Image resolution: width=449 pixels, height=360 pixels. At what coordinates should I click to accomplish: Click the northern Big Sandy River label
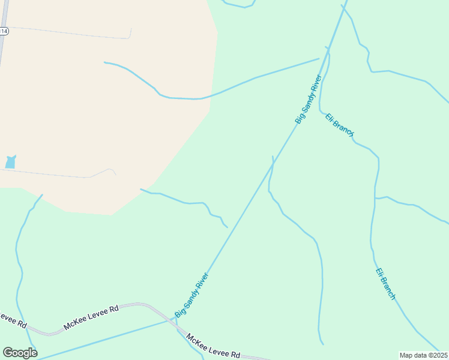click(309, 100)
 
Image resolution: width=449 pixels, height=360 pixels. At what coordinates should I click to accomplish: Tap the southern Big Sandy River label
click(191, 295)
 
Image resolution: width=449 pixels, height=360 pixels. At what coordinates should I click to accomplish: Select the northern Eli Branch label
click(339, 125)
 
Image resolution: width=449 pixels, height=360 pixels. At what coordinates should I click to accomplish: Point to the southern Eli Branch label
click(385, 283)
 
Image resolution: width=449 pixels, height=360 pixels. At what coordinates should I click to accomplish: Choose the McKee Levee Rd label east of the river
click(213, 347)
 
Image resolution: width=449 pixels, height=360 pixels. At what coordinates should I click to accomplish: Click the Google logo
click(20, 353)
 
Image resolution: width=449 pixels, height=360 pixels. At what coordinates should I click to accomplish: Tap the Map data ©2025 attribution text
click(423, 355)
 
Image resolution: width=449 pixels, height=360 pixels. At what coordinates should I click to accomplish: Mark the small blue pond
click(10, 162)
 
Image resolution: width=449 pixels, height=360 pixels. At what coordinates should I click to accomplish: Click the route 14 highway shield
click(3, 31)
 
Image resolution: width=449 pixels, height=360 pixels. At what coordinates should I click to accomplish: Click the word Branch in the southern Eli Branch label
click(388, 288)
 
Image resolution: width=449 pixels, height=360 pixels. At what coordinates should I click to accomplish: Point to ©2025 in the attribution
click(436, 355)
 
